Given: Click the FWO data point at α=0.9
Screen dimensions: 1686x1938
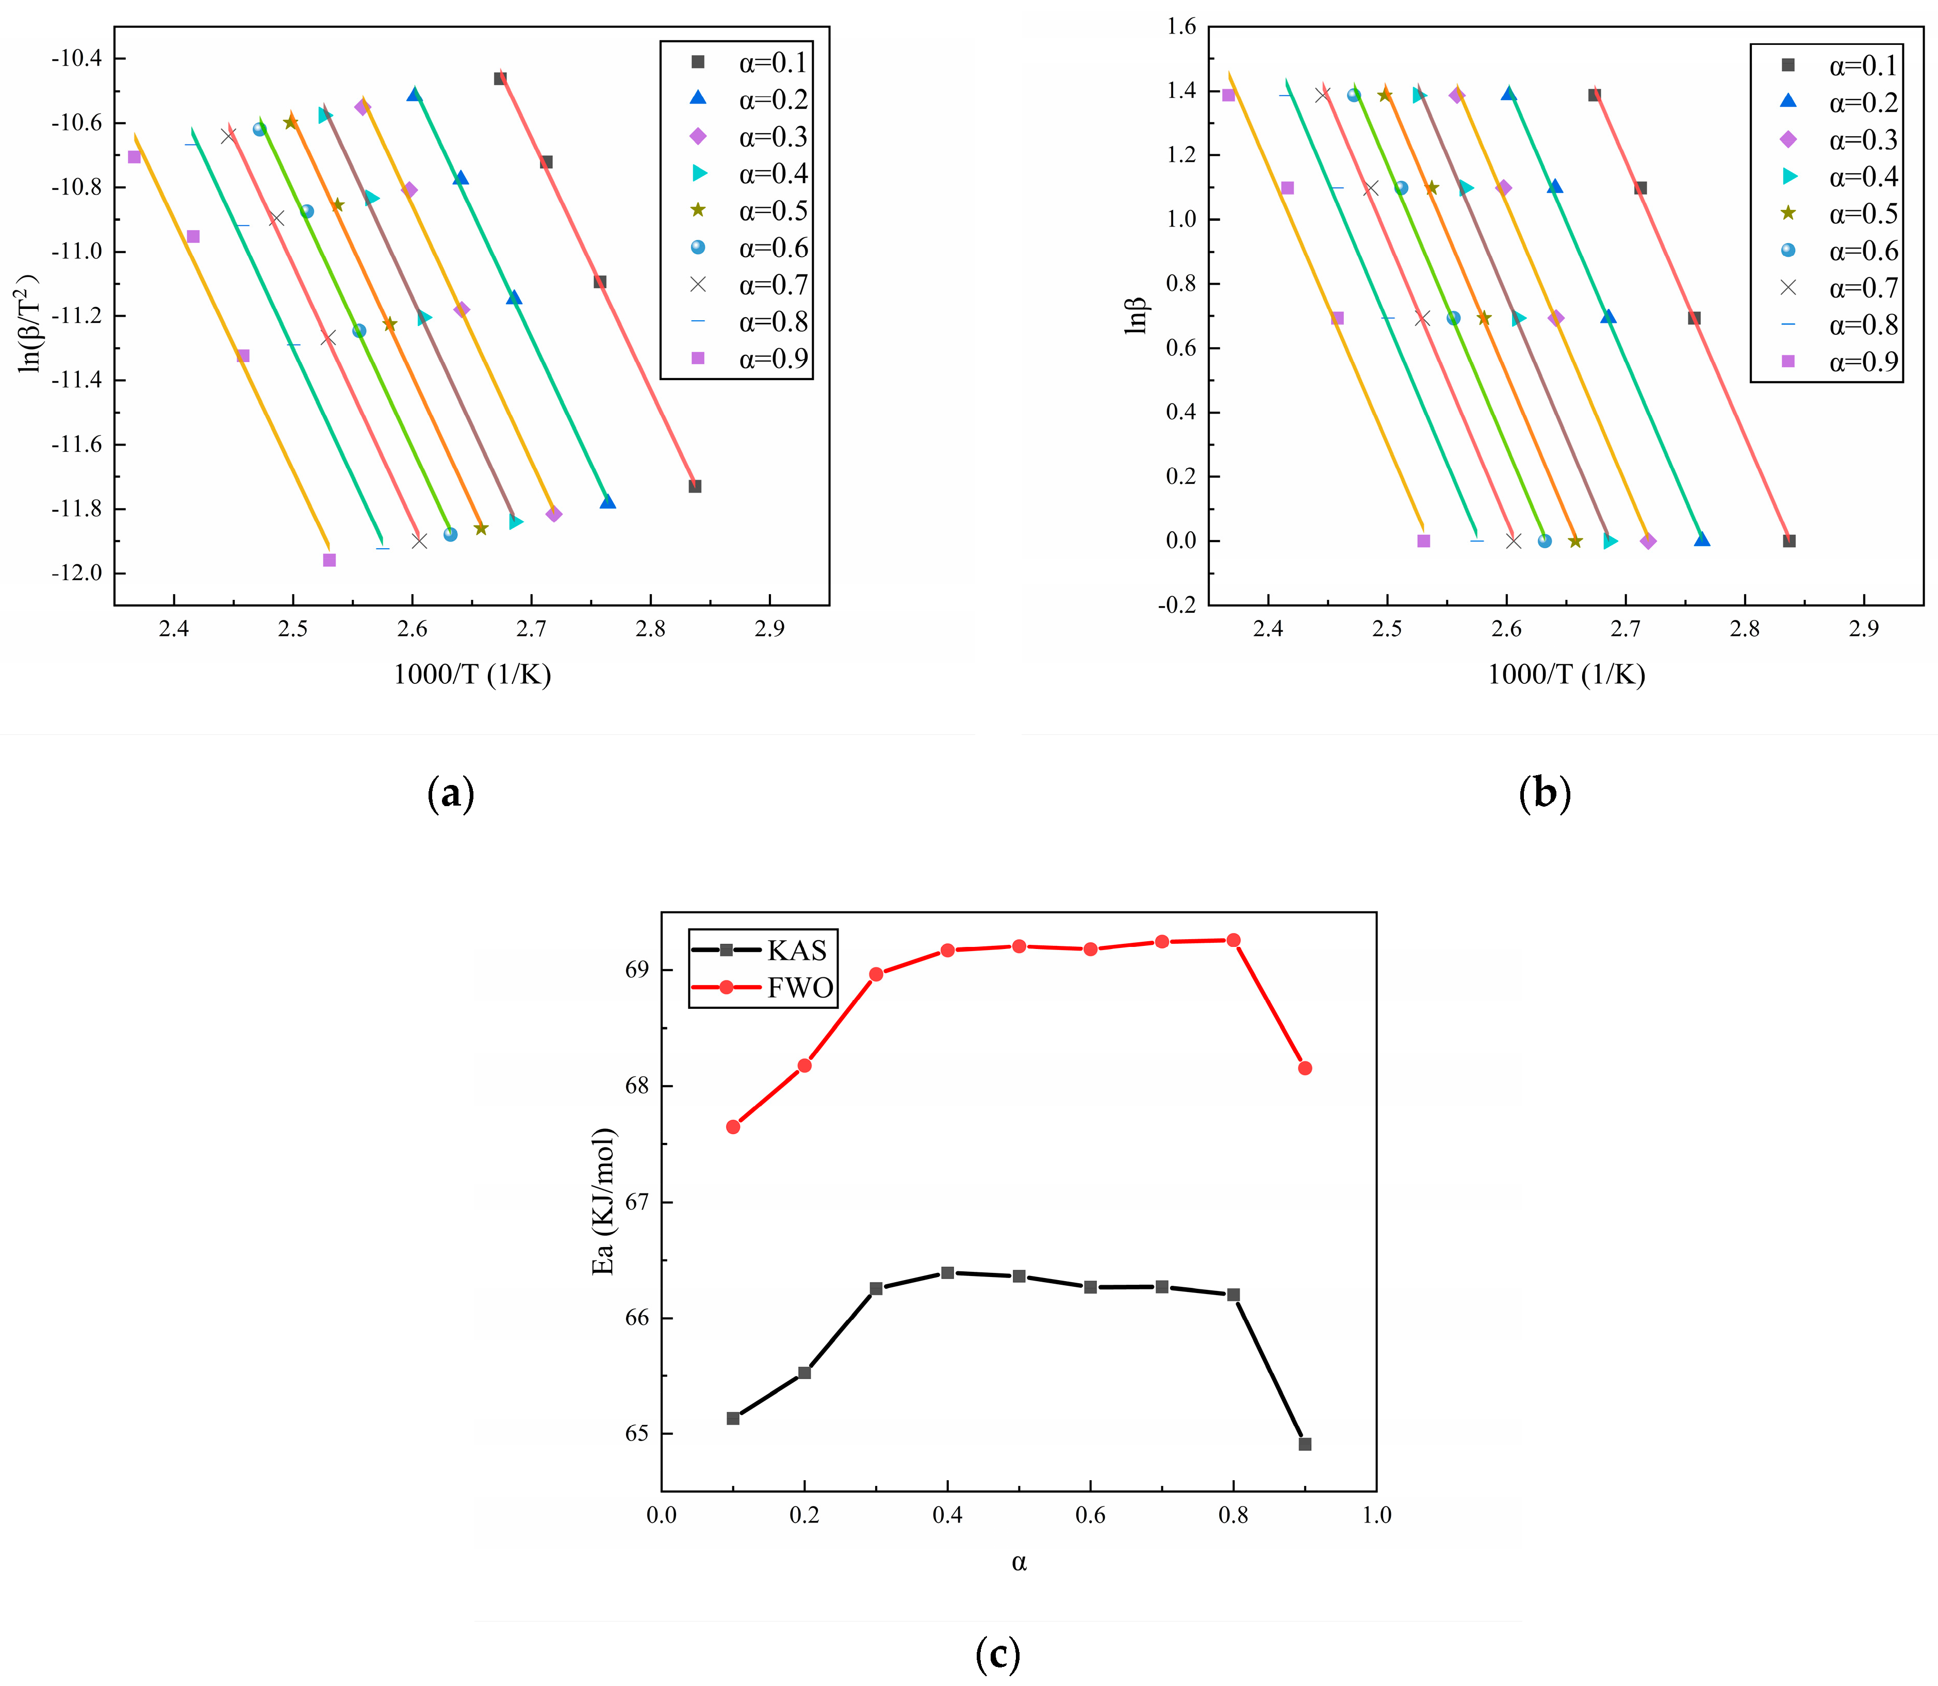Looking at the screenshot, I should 1305,1068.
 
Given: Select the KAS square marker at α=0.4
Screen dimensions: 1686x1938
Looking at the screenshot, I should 947,1273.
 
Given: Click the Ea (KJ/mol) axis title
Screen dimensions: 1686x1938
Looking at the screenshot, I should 603,1202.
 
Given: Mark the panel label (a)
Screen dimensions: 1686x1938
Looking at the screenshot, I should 451,793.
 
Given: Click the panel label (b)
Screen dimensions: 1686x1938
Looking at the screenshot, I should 1545,793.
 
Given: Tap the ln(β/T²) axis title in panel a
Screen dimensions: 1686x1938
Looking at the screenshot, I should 30,323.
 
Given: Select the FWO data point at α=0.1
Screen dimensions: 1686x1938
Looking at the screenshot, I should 733,1126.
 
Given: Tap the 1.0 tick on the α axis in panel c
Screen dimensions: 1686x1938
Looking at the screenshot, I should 1376,1515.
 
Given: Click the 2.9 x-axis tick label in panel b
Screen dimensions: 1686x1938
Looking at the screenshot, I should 1864,629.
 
